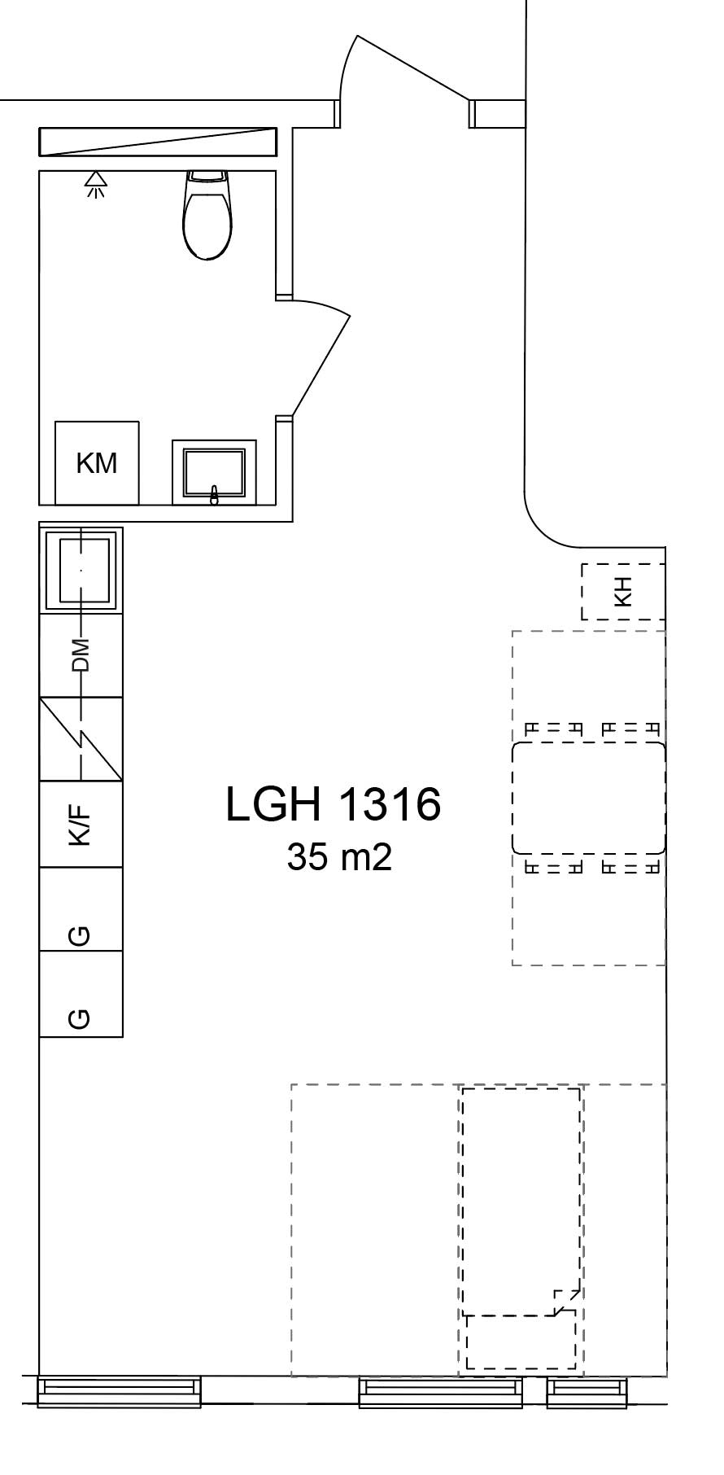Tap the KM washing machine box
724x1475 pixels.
[x=97, y=463]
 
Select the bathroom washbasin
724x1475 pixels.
[x=214, y=473]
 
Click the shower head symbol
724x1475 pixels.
[x=96, y=184]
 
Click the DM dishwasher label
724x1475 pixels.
[x=81, y=655]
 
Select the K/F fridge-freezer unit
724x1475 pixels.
[x=81, y=825]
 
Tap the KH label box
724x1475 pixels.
[x=623, y=592]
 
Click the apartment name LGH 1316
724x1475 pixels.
[x=333, y=804]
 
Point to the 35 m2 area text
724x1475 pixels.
[x=339, y=856]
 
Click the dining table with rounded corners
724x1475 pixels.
[x=588, y=798]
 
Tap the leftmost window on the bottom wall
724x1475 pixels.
[x=120, y=1392]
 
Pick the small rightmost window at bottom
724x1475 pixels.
[x=587, y=1392]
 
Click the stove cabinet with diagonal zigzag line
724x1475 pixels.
[x=81, y=739]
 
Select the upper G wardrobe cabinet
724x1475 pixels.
[x=81, y=910]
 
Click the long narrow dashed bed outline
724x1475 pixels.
[x=521, y=1201]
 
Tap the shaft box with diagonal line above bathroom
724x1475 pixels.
[x=158, y=142]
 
